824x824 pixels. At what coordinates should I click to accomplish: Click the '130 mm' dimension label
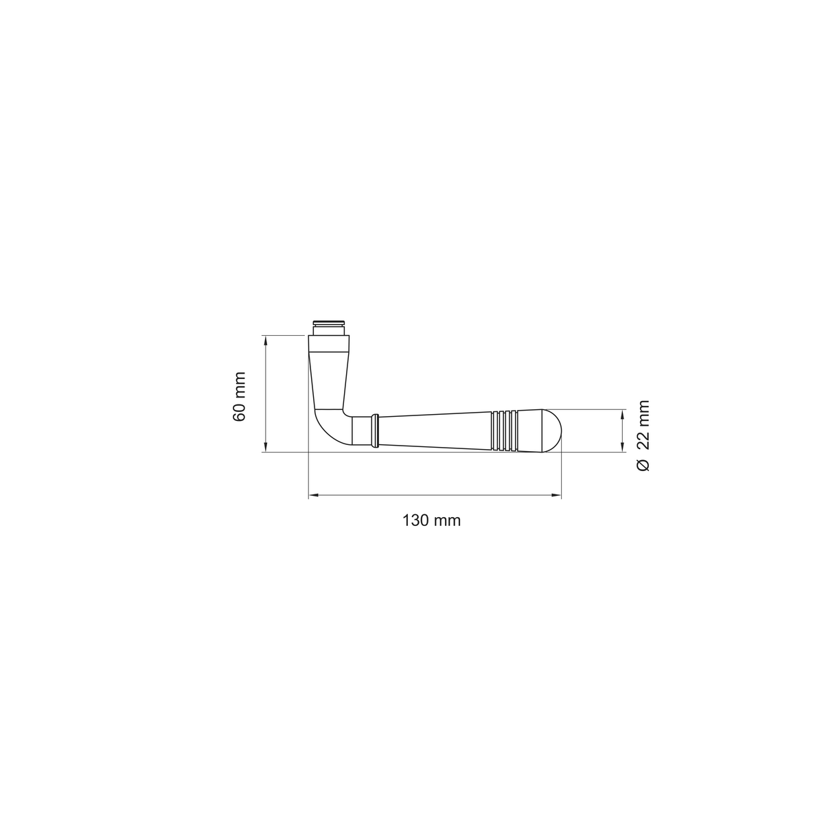[431, 520]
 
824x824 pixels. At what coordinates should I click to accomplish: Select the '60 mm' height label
[239, 397]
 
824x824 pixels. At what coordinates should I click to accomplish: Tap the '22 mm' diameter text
[643, 424]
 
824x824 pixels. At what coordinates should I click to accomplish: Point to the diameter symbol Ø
[643, 465]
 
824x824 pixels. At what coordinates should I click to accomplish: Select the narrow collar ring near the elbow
[375, 431]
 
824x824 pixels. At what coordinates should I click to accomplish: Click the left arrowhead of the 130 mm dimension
[313, 496]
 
